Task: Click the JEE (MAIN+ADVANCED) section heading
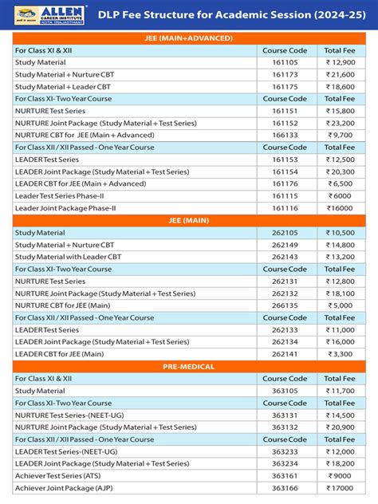pos(189,37)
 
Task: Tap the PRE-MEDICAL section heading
pos(189,366)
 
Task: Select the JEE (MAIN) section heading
pos(189,220)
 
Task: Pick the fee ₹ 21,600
pos(339,74)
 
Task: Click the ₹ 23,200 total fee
pos(339,124)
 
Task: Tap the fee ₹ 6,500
pos(339,183)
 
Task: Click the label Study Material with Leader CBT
pos(69,257)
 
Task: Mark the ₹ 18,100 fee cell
pos(339,293)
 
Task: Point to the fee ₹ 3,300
pos(339,354)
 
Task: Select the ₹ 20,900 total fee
pos(339,427)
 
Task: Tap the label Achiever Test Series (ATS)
pos(64,476)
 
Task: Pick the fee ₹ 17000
pos(339,488)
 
